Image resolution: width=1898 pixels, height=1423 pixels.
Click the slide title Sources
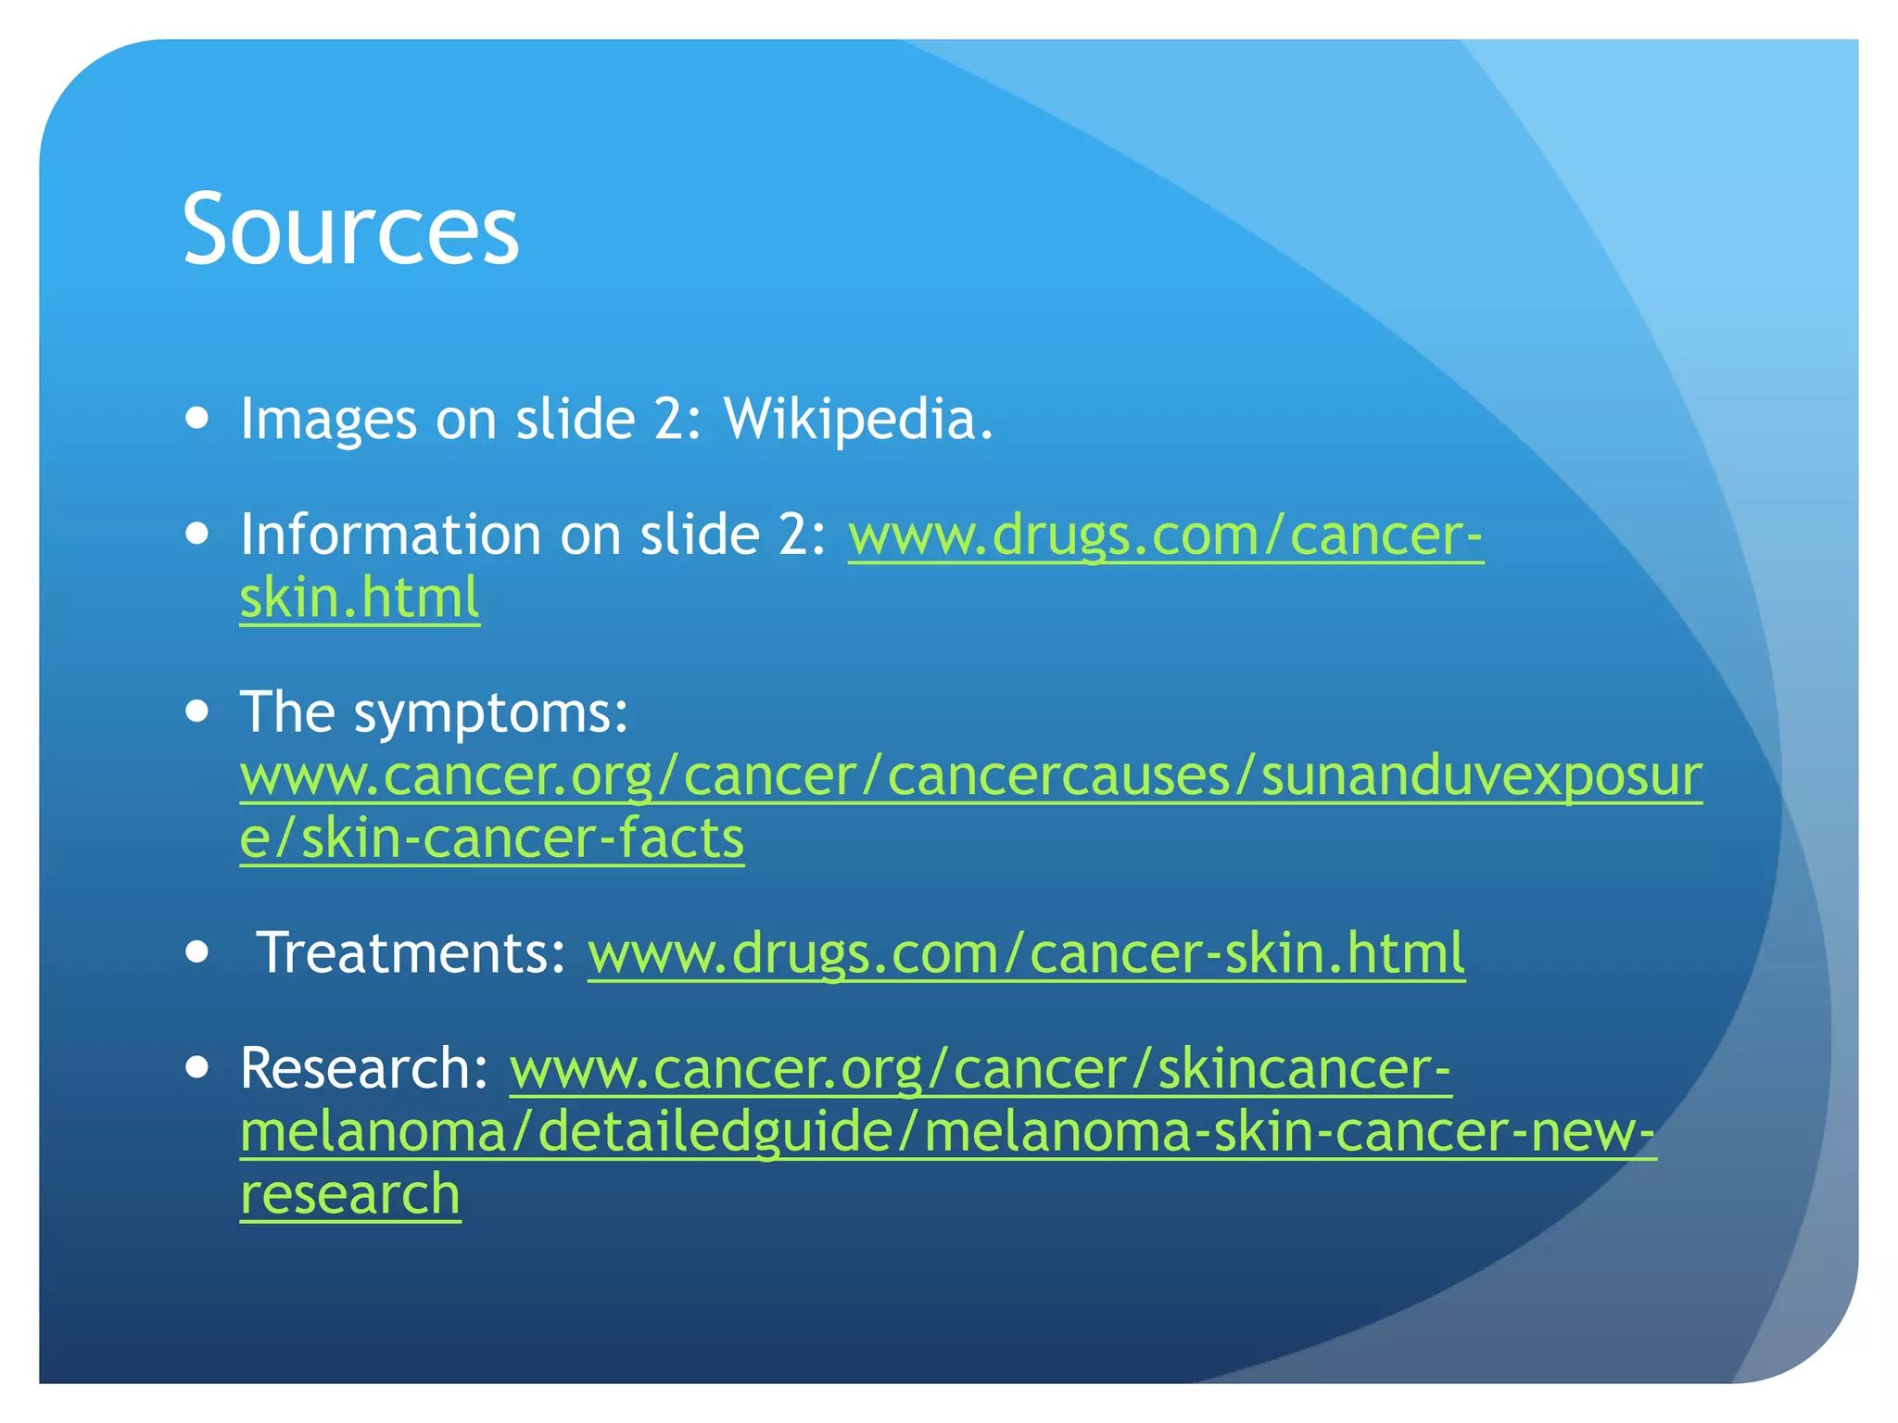pyautogui.click(x=350, y=229)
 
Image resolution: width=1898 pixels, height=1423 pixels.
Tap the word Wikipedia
pyautogui.click(x=857, y=419)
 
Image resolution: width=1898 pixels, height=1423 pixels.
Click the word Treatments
pyautogui.click(x=411, y=952)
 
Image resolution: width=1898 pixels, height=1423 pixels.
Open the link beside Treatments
pyautogui.click(x=1026, y=953)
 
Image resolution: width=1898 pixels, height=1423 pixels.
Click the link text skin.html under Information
pyautogui.click(x=360, y=597)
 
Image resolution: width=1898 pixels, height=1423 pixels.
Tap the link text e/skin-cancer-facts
pyautogui.click(x=491, y=837)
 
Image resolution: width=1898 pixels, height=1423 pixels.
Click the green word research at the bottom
pyautogui.click(x=350, y=1193)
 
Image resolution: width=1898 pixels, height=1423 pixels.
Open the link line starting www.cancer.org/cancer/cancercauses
pyautogui.click(x=970, y=775)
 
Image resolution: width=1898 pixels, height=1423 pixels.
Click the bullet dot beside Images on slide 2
pyautogui.click(x=196, y=419)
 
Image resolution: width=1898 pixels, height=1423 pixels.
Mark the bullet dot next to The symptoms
pyautogui.click(x=196, y=712)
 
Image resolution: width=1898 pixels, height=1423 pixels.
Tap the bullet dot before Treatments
pyautogui.click(x=196, y=952)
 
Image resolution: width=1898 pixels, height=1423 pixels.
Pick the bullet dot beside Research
pyautogui.click(x=196, y=1068)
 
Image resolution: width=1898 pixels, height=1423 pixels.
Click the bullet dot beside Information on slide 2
pyautogui.click(x=196, y=535)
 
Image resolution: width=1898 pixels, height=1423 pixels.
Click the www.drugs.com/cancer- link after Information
pyautogui.click(x=1165, y=535)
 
